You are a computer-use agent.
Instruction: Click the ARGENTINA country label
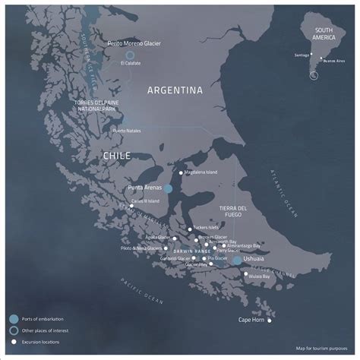tap(175, 90)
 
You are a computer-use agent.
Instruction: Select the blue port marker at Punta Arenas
tap(169, 188)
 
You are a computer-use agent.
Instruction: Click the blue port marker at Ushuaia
tap(237, 260)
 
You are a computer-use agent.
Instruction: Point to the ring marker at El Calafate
tap(130, 55)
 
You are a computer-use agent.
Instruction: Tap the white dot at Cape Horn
tap(269, 320)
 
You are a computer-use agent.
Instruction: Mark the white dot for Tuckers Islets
tap(189, 227)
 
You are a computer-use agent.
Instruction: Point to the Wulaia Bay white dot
tap(245, 274)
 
